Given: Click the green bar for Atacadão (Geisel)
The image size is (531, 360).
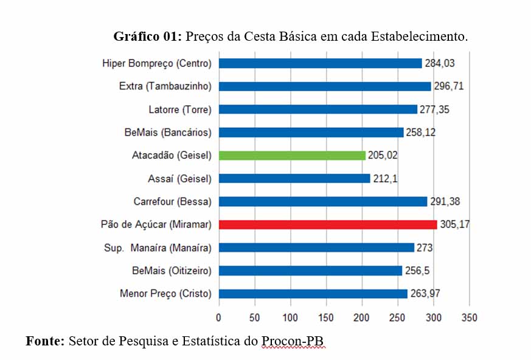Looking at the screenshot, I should click(x=292, y=156).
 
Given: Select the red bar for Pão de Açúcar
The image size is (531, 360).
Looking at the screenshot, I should click(x=327, y=224).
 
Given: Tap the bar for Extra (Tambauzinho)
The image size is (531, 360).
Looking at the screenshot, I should click(x=324, y=86).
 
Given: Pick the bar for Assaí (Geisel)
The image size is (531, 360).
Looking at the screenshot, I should click(x=294, y=179).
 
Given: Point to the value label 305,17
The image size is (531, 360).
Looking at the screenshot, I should click(x=455, y=225).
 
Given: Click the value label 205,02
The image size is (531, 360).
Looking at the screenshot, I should click(x=383, y=156).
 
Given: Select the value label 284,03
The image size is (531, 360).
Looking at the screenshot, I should click(x=439, y=63).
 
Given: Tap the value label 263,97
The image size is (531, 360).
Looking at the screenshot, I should click(x=425, y=294).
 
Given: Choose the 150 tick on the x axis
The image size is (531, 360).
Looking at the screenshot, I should click(x=326, y=317).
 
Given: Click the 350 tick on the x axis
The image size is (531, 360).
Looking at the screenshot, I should click(x=469, y=317).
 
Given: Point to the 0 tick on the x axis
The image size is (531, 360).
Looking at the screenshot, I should click(x=218, y=317).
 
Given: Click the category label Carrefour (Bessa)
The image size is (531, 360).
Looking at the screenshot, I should click(x=172, y=202).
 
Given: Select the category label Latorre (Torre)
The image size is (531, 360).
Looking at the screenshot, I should click(x=180, y=109).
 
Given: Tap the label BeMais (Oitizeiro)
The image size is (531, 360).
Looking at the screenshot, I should click(x=172, y=271).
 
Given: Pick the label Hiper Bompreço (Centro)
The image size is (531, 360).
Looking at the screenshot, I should click(x=157, y=63).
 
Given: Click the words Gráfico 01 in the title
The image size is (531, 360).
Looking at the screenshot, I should click(x=147, y=36).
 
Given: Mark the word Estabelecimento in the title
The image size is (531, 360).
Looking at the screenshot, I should click(x=419, y=36).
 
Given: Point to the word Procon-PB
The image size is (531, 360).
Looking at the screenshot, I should click(x=294, y=341).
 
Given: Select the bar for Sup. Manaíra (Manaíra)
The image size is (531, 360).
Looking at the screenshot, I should click(x=316, y=247).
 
